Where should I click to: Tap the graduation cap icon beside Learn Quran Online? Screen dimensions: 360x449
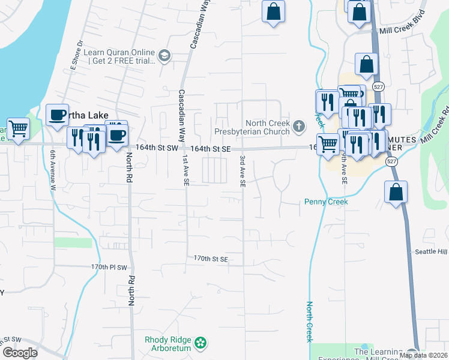point(164,56)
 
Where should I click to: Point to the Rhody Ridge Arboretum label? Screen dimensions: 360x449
point(168,343)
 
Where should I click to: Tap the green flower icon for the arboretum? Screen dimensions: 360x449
point(201,343)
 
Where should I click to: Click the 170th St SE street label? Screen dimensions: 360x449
point(211,259)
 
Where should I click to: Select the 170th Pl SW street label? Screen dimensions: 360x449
point(110,266)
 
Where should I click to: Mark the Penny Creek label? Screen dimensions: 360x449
point(326,202)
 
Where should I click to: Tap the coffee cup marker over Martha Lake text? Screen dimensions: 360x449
point(58,115)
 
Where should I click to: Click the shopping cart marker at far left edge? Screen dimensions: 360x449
point(18,129)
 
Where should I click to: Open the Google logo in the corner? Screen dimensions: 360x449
point(20,353)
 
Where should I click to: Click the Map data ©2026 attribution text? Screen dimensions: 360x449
point(423,355)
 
